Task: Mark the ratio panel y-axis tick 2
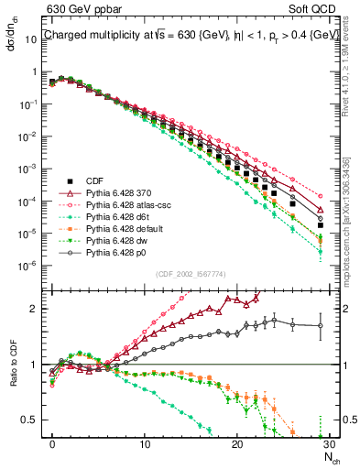pos(40,309)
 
